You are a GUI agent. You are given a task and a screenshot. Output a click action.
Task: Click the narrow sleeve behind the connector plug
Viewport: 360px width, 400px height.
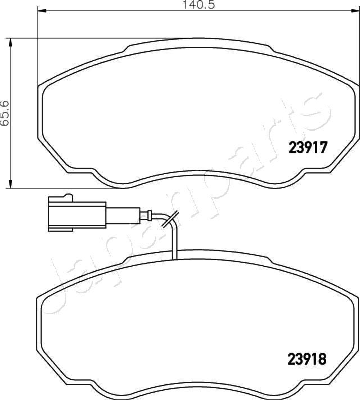[120, 214]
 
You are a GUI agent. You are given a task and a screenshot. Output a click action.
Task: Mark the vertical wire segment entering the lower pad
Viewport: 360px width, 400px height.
[175, 242]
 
